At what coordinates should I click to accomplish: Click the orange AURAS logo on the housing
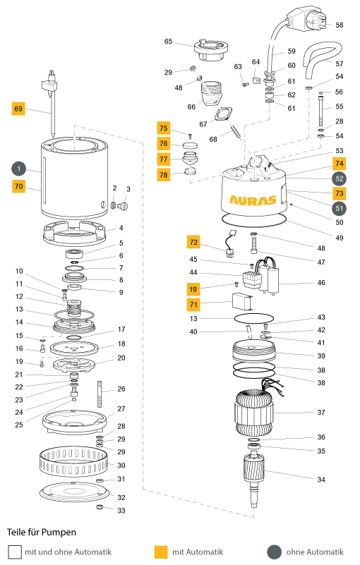tap(253, 200)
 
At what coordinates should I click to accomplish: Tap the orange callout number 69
tap(18, 109)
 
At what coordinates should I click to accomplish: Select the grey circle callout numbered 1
tap(19, 169)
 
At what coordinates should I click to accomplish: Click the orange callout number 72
tap(193, 242)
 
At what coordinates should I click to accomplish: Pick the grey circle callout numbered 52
tap(339, 178)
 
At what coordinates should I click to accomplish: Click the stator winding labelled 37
tap(254, 412)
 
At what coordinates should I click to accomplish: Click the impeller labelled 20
tap(74, 365)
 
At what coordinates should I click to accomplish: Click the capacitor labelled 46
tap(273, 279)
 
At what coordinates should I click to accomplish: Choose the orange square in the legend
tap(161, 552)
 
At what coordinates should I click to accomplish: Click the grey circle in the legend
tap(274, 552)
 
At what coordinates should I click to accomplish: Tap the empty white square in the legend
tap(15, 552)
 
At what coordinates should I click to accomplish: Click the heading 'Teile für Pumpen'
tap(42, 533)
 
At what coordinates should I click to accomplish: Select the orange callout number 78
tap(163, 175)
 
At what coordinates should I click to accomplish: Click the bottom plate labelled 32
tap(73, 492)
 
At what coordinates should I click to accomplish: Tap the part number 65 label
tap(168, 42)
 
